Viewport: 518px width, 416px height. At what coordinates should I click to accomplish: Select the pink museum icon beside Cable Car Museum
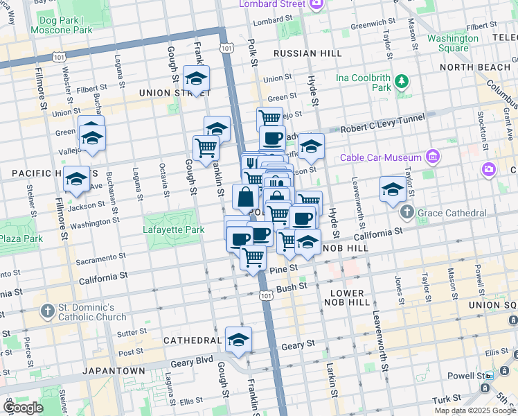point(433,157)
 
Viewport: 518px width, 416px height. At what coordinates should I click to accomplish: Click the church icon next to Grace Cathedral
point(407,212)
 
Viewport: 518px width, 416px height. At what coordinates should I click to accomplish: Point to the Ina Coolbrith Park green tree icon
point(401,83)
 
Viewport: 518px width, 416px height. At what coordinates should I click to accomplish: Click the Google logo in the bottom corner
point(24,408)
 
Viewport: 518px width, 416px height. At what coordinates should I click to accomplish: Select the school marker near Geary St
point(238,340)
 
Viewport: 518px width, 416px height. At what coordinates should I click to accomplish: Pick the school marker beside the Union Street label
point(197,78)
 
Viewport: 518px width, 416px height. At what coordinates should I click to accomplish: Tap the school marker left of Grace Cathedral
point(393,189)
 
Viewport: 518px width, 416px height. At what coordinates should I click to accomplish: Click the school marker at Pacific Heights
point(76,180)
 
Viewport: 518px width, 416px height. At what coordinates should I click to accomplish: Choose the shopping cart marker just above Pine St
point(253,257)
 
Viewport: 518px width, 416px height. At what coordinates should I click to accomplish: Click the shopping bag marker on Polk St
point(245,198)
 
